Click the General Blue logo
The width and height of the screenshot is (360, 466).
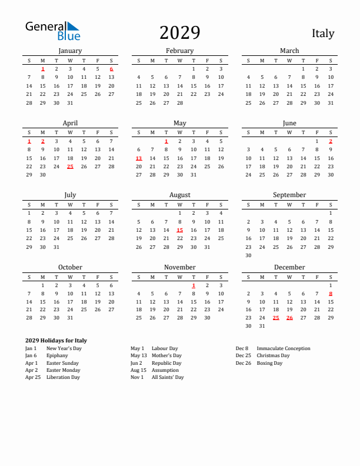tap(52, 31)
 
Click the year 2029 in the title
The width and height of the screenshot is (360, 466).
tap(179, 33)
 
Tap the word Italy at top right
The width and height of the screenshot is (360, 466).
tap(322, 33)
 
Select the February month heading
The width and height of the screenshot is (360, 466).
tap(179, 51)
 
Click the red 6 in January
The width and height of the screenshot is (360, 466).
tap(111, 69)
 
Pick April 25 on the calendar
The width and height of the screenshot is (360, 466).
tap(70, 167)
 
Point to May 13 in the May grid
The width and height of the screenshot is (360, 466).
tap(139, 158)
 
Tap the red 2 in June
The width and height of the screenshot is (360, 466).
tap(331, 141)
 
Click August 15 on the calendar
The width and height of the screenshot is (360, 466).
tap(179, 231)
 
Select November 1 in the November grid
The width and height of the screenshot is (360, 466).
tap(194, 285)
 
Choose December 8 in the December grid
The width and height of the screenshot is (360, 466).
tap(331, 294)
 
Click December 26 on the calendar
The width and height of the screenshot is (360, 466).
tap(289, 318)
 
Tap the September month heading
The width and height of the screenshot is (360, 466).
tap(289, 195)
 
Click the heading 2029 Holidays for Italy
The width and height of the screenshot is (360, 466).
tap(56, 340)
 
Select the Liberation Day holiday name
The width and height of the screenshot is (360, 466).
tap(63, 377)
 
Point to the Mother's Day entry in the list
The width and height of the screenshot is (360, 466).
tap(166, 355)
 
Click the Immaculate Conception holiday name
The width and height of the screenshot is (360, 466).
tap(284, 348)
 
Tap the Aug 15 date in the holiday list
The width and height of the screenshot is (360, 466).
tap(138, 370)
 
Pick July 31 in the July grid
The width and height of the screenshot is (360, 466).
tap(56, 247)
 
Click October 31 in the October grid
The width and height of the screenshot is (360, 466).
tap(70, 318)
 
